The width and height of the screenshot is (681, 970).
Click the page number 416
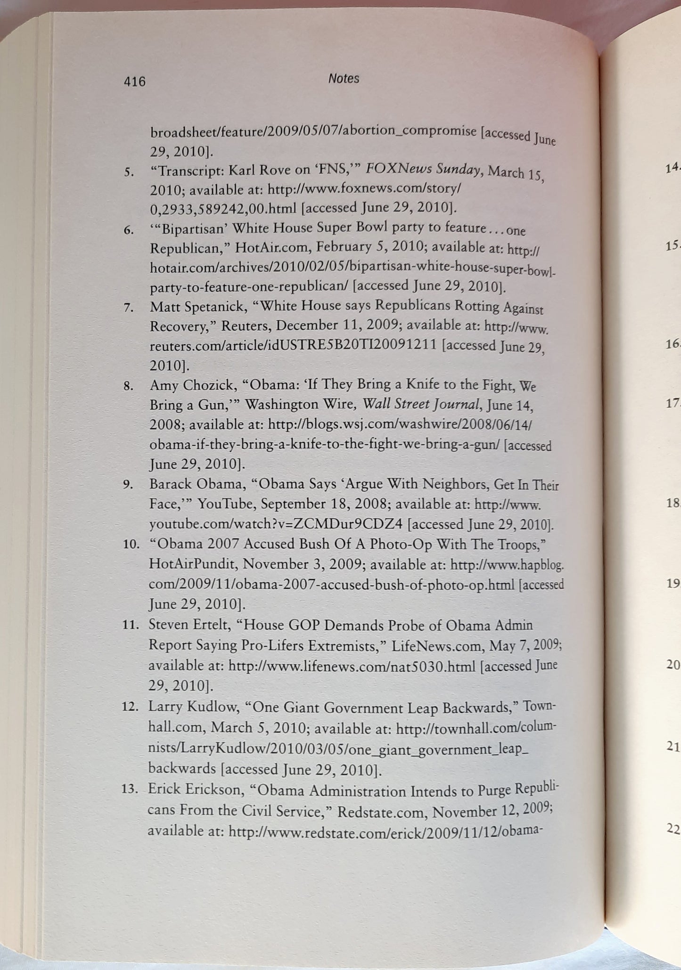coord(134,82)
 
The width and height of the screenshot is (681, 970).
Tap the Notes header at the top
coord(344,79)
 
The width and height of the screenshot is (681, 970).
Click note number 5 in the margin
coord(129,172)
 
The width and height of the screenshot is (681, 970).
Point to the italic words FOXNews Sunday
coord(423,169)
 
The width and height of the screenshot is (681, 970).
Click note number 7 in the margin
coord(129,308)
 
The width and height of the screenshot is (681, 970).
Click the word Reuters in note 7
coord(246,326)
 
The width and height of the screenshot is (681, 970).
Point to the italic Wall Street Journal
coord(422,404)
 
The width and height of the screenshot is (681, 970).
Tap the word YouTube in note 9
coord(225,504)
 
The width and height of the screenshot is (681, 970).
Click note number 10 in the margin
coord(131,545)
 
